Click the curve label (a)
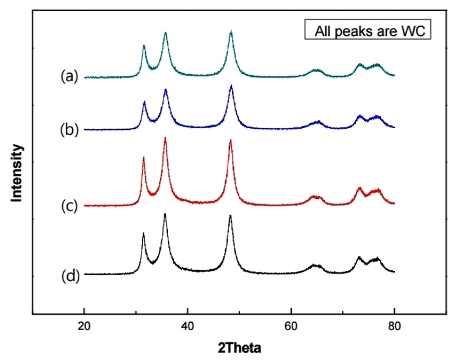[x=70, y=76]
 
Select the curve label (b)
[x=70, y=130]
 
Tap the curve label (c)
[x=70, y=206]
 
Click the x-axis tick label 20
[x=84, y=327]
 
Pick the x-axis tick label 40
[x=188, y=327]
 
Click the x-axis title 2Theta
[x=239, y=349]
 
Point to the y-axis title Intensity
[x=17, y=172]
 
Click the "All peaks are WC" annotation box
[x=368, y=31]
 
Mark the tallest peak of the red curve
[x=165, y=138]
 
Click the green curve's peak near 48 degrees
[x=231, y=31]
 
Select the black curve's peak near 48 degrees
[x=230, y=215]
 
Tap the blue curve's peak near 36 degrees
[x=165, y=90]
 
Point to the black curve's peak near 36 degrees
[x=165, y=214]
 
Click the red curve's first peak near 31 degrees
[x=143, y=158]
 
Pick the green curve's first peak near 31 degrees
[x=143, y=46]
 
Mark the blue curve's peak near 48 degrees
[x=231, y=85]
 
